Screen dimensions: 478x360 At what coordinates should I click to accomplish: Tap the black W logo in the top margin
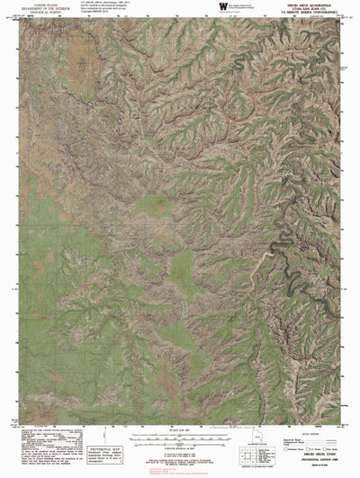[x=210, y=8]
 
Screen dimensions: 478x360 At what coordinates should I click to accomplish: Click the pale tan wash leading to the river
[x=270, y=261]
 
